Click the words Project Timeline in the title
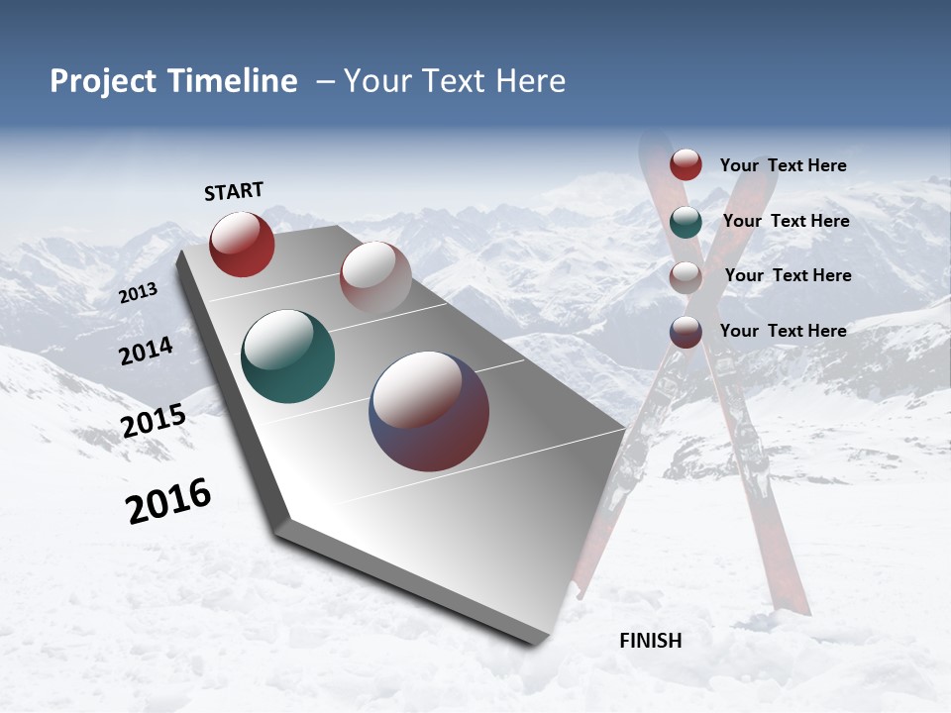tap(173, 81)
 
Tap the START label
tap(234, 191)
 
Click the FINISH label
tap(651, 641)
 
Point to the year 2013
tap(138, 292)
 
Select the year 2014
tap(147, 351)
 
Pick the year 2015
tap(154, 420)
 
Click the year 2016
tap(168, 501)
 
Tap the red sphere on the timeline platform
tap(242, 244)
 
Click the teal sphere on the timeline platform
tap(287, 356)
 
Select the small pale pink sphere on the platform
tap(375, 277)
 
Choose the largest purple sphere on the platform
tap(429, 411)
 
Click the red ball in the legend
tap(686, 165)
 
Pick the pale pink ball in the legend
tap(686, 276)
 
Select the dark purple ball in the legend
tap(686, 332)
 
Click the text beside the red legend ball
tap(783, 165)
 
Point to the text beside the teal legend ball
tap(786, 221)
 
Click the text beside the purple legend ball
tap(783, 331)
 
